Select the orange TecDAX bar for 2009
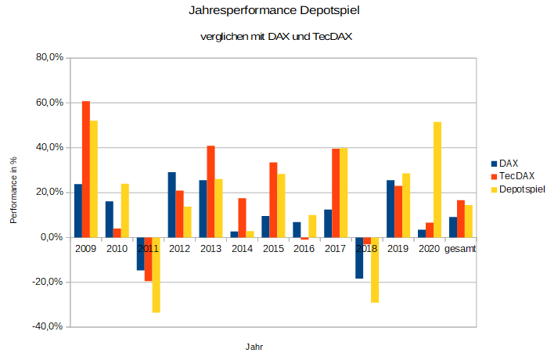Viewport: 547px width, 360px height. (x=86, y=168)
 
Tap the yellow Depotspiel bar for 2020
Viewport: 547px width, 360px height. (x=437, y=179)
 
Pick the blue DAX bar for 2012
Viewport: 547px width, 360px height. (x=171, y=204)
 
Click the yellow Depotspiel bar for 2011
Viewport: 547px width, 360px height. (x=156, y=275)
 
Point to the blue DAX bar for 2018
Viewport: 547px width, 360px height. (x=359, y=257)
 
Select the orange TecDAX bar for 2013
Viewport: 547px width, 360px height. (x=211, y=191)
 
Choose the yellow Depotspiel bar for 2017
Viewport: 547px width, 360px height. (x=344, y=193)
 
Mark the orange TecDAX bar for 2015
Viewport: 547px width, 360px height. (x=273, y=200)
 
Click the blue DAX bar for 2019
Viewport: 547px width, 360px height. (x=390, y=208)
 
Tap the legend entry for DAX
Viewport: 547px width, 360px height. (x=508, y=164)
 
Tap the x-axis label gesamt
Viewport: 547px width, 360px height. (x=460, y=249)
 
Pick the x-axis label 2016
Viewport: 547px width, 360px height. (x=304, y=249)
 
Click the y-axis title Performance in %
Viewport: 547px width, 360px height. (x=13, y=189)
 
